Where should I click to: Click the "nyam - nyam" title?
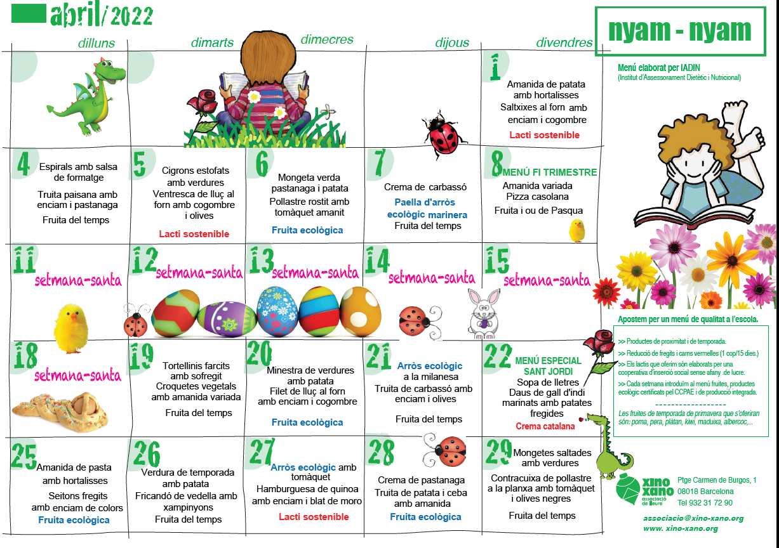point(679,30)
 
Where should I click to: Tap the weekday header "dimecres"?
point(326,39)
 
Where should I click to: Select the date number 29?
point(498,451)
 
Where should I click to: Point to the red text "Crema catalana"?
point(545,426)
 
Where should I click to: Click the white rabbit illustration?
point(483,311)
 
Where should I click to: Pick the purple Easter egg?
point(227,318)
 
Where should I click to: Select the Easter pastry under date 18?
point(60,406)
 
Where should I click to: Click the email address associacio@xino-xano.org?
point(693,518)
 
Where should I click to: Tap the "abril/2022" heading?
point(102,15)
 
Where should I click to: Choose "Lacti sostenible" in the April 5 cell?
point(194,234)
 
